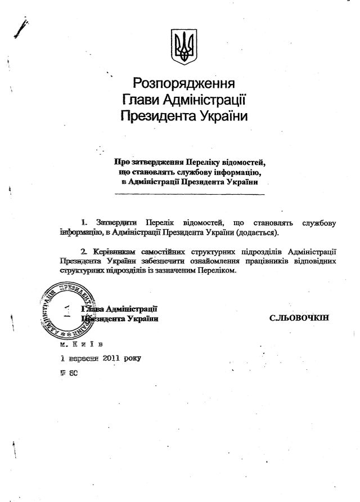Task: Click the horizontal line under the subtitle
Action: tap(189, 194)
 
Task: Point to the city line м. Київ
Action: tap(81, 343)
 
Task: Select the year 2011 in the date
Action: tap(116, 357)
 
